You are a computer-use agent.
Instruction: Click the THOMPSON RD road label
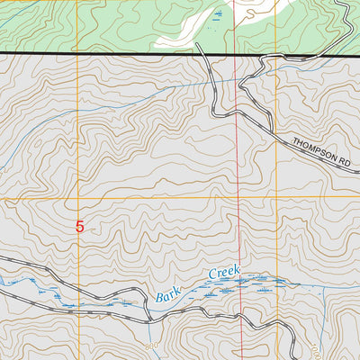click(x=319, y=149)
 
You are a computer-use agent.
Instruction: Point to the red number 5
click(x=79, y=228)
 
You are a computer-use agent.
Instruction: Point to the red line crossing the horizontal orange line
click(x=239, y=196)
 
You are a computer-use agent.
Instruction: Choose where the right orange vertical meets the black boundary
click(x=277, y=56)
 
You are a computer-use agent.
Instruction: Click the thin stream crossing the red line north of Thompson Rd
click(x=238, y=82)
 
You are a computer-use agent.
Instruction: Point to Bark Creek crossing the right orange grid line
click(x=277, y=284)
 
